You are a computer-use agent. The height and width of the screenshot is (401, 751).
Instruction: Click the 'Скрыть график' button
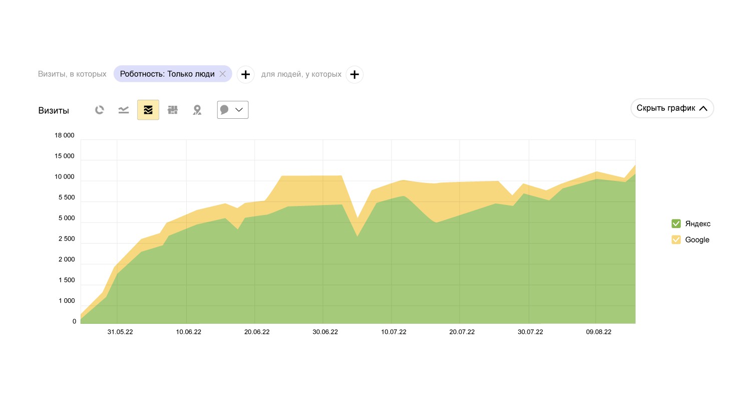click(672, 108)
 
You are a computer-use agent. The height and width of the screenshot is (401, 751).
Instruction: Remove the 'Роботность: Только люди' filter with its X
click(223, 74)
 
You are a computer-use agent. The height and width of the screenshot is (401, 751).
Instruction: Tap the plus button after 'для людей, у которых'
click(354, 75)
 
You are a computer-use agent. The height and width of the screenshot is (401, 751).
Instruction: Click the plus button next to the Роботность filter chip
click(245, 75)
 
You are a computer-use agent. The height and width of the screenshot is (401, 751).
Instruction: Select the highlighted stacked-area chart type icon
click(148, 110)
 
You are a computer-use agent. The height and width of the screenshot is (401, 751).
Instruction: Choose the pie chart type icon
click(100, 110)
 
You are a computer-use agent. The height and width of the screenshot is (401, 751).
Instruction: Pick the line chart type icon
click(124, 110)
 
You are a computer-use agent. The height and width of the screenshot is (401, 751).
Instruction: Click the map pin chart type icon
click(197, 110)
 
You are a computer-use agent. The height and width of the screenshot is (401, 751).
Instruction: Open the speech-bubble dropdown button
click(233, 110)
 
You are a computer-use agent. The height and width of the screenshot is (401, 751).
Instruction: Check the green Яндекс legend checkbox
click(676, 224)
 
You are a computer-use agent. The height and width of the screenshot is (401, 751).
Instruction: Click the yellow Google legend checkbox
click(676, 240)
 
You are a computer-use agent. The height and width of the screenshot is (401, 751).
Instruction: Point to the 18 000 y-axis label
click(65, 135)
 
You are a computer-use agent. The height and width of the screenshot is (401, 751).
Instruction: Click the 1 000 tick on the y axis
click(66, 301)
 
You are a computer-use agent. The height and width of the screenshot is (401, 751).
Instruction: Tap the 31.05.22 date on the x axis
click(120, 332)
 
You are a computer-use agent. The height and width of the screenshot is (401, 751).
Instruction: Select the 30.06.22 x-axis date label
click(325, 332)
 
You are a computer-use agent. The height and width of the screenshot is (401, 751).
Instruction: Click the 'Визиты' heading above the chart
click(54, 111)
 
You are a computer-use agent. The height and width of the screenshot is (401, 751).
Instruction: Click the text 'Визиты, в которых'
click(72, 74)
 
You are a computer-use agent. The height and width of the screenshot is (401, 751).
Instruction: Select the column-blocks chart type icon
click(173, 110)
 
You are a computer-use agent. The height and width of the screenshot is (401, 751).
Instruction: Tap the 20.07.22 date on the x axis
click(462, 332)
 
